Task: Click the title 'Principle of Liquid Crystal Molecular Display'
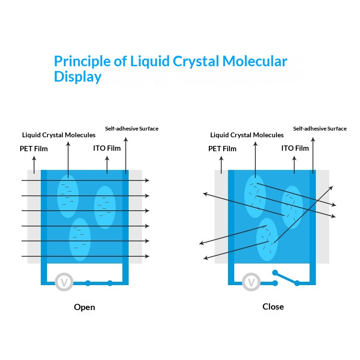tap(170, 69)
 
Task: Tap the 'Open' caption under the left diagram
tap(84, 307)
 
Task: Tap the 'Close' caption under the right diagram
tap(273, 306)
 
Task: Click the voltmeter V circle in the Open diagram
tap(64, 282)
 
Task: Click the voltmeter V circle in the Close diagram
tap(251, 282)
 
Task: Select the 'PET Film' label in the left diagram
tap(34, 149)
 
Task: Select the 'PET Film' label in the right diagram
tap(222, 149)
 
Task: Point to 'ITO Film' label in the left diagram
tap(107, 148)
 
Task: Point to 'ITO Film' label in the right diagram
tap(295, 148)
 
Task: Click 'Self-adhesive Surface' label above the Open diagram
tap(132, 129)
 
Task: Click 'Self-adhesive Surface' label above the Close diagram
tap(320, 129)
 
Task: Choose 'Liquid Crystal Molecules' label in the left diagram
tap(59, 135)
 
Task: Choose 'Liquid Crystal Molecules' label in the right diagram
tap(247, 135)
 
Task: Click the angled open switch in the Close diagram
tap(286, 277)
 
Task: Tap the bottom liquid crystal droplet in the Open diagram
tap(80, 239)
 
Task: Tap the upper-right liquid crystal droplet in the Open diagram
tap(105, 207)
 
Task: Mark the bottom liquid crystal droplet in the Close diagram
tap(267, 239)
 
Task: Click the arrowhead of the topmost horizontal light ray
tap(147, 180)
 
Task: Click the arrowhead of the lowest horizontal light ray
tap(147, 256)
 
